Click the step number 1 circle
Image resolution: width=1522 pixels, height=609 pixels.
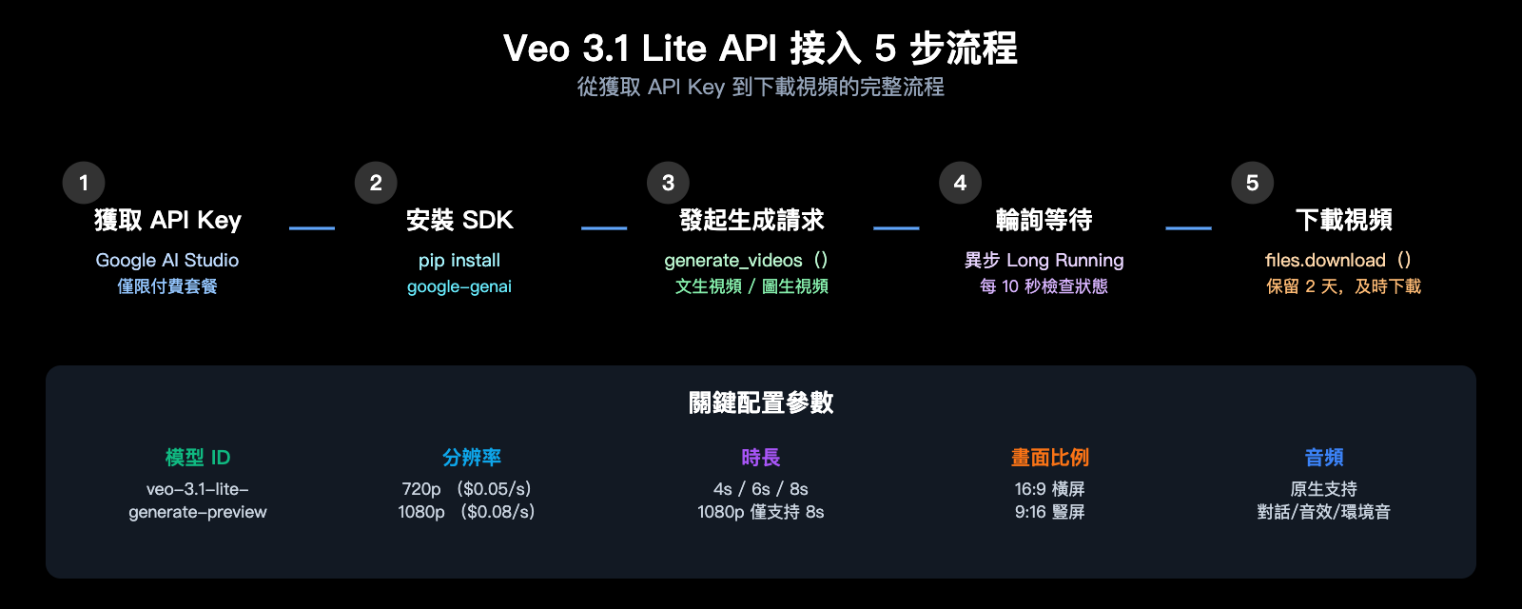coord(84,183)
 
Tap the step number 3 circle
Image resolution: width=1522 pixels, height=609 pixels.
coord(668,183)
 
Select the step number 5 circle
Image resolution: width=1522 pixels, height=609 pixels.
coord(1252,183)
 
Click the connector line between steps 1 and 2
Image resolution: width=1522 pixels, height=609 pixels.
coord(312,228)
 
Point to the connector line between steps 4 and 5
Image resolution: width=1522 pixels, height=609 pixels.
coord(1188,228)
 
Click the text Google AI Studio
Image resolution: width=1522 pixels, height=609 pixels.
coord(167,260)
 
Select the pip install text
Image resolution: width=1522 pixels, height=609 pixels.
coord(459,260)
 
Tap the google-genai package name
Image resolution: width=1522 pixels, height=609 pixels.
coord(459,286)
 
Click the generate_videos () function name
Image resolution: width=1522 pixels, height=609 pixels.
coord(746,260)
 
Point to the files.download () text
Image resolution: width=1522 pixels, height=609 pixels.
coord(1337,260)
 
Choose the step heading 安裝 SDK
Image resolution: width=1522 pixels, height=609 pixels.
coord(459,221)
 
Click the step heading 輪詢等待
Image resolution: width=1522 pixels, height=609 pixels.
coord(1044,221)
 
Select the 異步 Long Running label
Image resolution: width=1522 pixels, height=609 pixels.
coord(1044,260)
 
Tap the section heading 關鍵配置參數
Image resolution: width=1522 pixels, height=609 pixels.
coord(761,403)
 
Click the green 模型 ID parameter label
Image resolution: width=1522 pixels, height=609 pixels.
coord(198,458)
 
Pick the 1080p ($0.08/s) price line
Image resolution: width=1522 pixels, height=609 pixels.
coord(466,512)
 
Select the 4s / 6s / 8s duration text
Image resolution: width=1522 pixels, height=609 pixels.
coord(761,489)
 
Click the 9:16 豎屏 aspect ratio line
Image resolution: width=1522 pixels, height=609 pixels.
coord(1049,512)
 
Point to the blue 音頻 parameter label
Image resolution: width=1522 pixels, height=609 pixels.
coord(1324,458)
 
